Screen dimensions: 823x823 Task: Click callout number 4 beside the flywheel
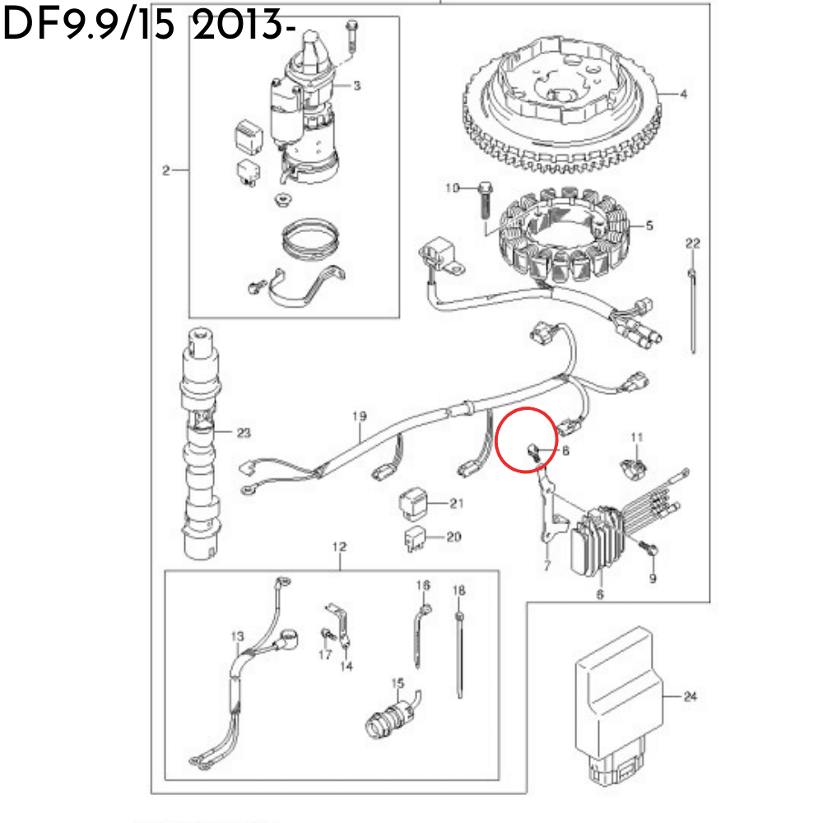[683, 94]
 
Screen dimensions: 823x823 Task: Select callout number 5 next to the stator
[649, 226]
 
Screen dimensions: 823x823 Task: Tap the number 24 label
[690, 696]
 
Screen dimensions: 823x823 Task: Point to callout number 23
[244, 433]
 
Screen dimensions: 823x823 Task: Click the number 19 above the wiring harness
[359, 416]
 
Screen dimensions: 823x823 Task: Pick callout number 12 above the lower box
[339, 546]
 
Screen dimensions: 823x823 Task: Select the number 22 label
[693, 243]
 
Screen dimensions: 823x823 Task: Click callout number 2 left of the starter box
[166, 170]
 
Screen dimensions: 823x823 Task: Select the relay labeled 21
[414, 503]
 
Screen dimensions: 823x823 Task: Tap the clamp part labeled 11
[635, 468]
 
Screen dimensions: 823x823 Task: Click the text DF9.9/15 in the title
[89, 25]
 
